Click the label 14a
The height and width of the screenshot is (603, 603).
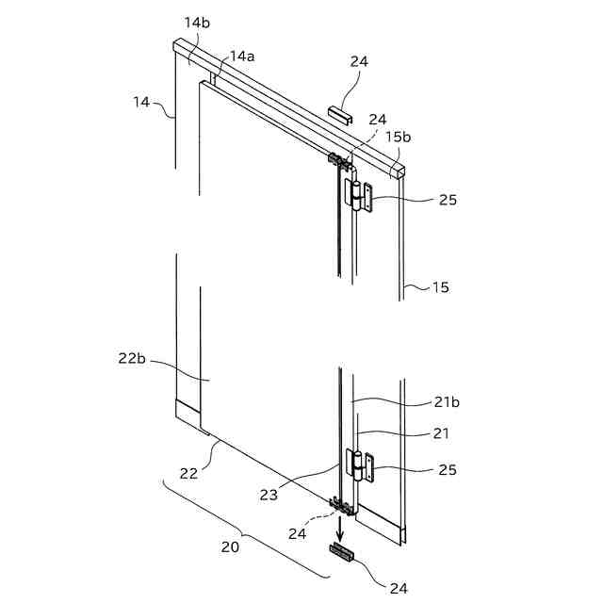tap(243, 57)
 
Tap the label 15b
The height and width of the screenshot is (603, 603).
tap(398, 137)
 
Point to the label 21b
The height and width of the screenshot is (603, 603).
tap(447, 402)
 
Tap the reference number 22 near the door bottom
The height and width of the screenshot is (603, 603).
tap(188, 473)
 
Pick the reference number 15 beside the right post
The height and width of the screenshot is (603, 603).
tap(441, 287)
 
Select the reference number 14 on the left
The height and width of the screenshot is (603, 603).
tap(141, 101)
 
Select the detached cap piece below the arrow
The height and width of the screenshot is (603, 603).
tap(341, 553)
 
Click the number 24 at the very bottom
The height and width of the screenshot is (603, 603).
tap(399, 588)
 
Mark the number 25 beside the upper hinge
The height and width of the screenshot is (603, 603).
tap(447, 200)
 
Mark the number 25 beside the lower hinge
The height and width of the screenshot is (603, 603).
tap(447, 469)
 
